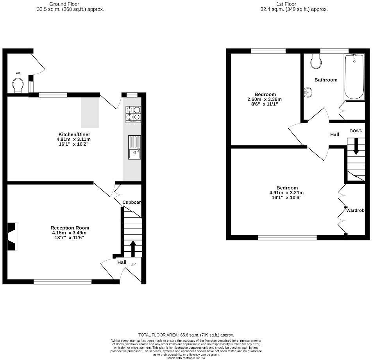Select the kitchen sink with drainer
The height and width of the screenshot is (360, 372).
pos(134,147)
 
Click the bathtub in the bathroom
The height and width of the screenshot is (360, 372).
pos(354,77)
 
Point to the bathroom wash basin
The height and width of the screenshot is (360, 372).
pos(308,92)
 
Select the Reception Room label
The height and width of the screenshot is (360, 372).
pos(70,228)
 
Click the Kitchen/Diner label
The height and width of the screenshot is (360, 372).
pos(74,134)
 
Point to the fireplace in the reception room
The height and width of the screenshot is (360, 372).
pos(13,236)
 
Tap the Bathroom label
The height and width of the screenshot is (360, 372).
pos(326,80)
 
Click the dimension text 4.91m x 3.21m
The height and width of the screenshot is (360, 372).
pos(286,193)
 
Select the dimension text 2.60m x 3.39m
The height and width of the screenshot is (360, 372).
pos(265,99)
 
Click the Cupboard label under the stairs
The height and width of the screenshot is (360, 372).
pos(132,202)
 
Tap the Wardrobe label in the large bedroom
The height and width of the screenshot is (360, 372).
pos(355,210)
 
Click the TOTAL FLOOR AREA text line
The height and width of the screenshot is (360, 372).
pos(186,335)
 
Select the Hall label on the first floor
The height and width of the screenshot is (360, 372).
pos(334,134)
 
